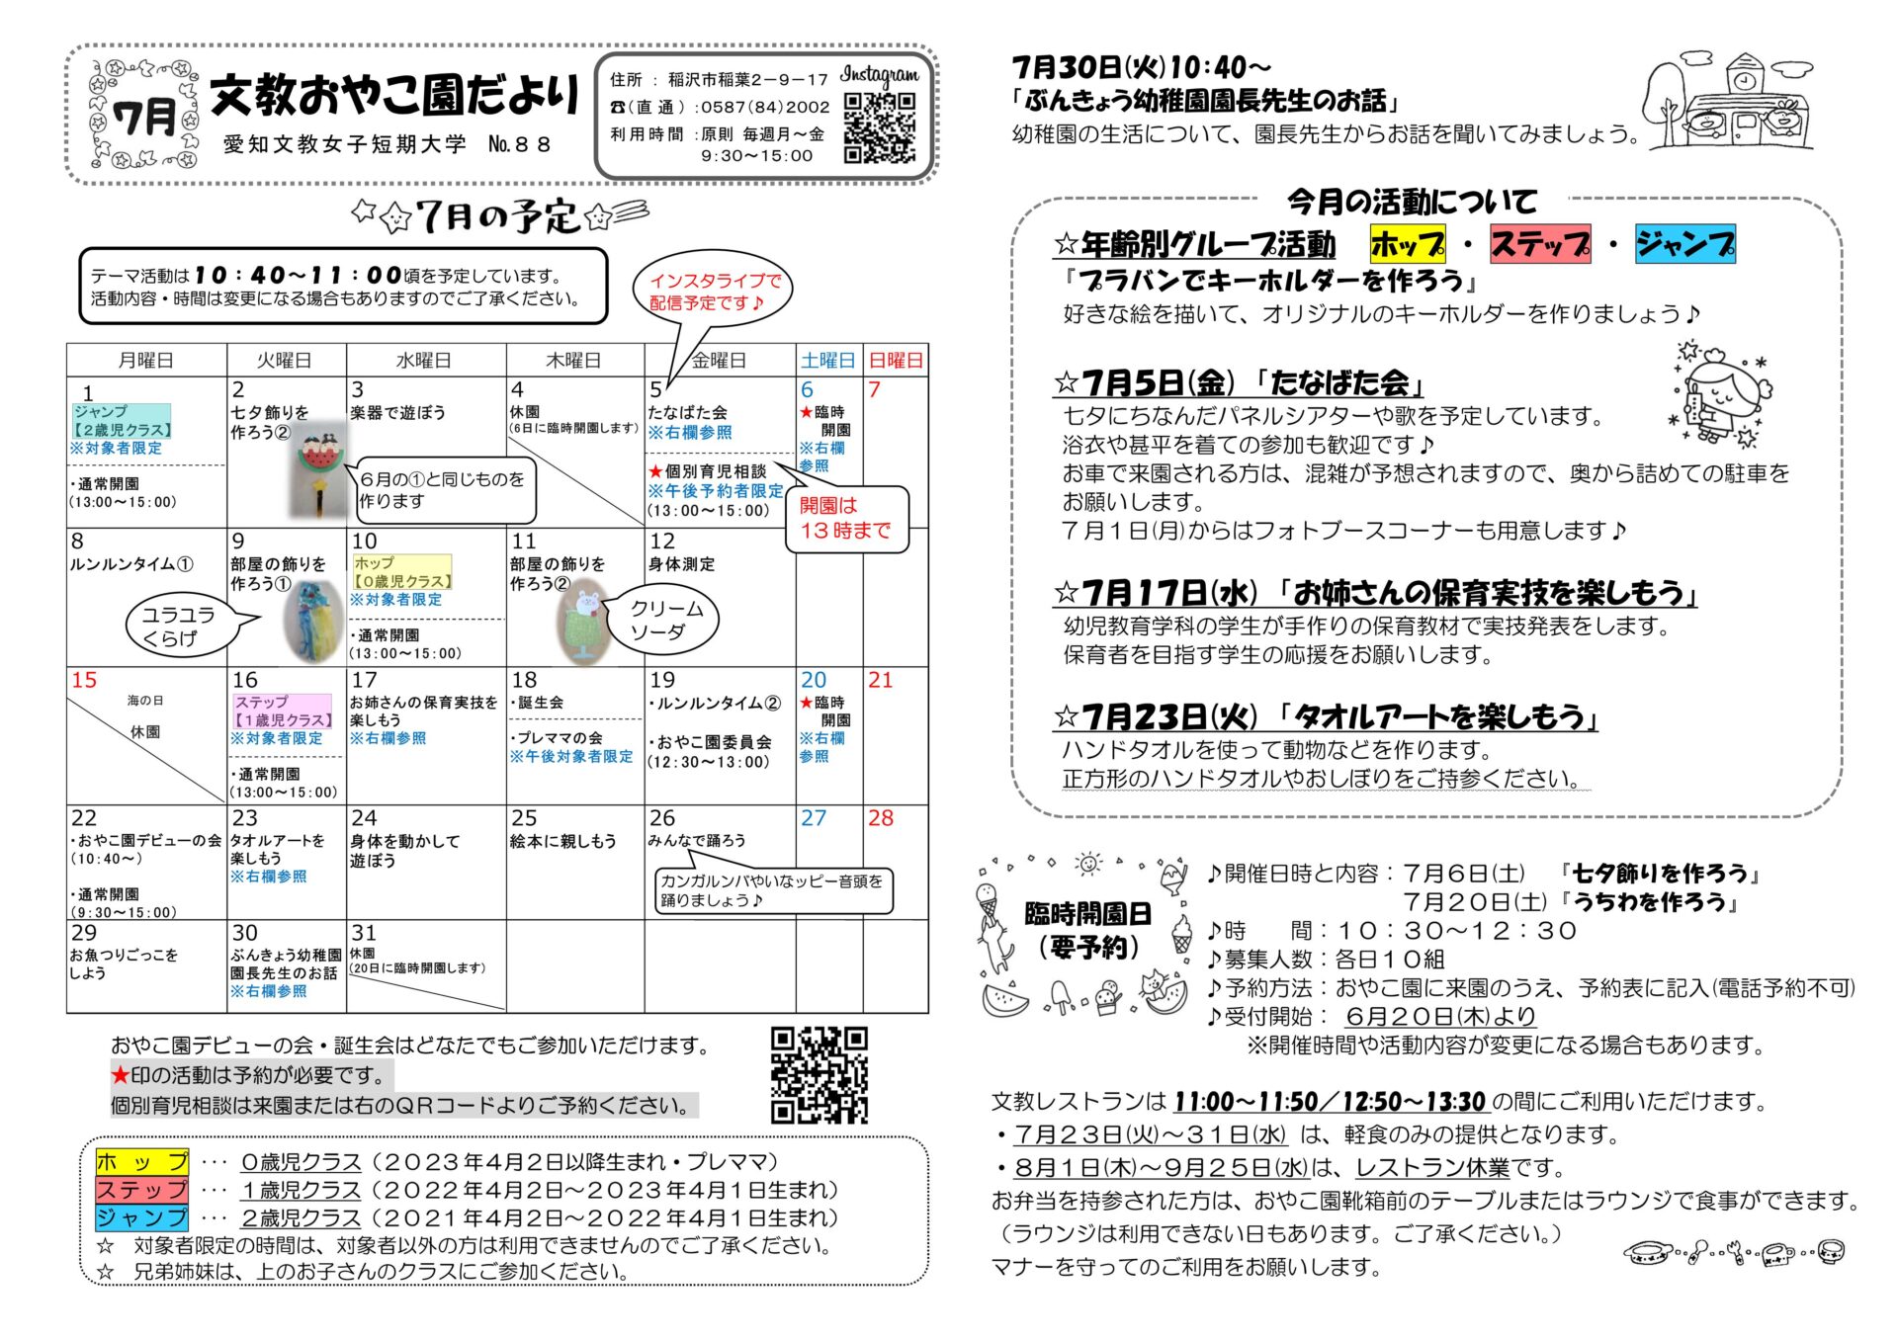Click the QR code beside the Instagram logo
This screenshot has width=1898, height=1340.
tap(879, 127)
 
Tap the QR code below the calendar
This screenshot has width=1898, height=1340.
tap(819, 1074)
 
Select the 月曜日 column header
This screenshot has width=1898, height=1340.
tap(146, 361)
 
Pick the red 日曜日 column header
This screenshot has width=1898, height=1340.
tap(896, 361)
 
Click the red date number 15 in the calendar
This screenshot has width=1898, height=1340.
tap(84, 680)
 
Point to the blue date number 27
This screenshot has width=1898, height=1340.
tap(814, 818)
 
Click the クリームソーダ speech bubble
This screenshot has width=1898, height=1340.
tap(658, 620)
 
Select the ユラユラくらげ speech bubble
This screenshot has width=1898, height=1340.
tap(184, 627)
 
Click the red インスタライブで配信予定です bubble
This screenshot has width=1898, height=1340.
tap(713, 292)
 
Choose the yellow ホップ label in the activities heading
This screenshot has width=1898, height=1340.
tap(1408, 244)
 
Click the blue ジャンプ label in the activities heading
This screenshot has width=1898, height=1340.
tap(1684, 244)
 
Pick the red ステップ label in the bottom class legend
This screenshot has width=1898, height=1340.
tap(142, 1190)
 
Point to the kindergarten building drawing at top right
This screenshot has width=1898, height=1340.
tap(1730, 101)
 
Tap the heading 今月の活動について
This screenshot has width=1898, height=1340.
tap(1412, 203)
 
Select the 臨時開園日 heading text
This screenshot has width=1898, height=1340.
tap(1087, 914)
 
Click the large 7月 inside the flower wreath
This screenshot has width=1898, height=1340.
tap(145, 118)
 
